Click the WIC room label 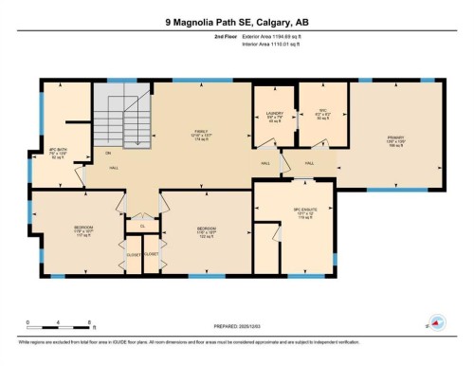tap(321, 114)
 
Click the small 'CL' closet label tap(143, 226)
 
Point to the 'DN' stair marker tap(108, 153)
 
